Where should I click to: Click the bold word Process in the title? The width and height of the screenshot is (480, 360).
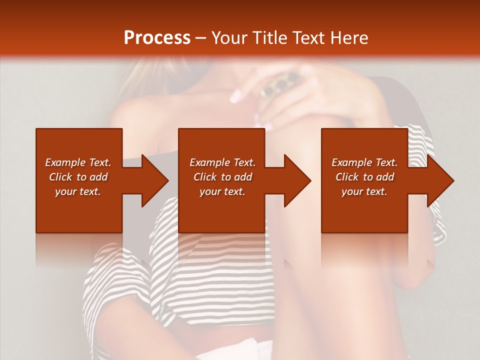click(x=157, y=37)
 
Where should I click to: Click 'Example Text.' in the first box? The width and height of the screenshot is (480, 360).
click(x=78, y=162)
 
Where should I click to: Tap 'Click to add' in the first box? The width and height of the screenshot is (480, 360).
click(x=78, y=177)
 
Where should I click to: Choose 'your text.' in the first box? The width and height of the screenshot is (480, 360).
click(x=78, y=191)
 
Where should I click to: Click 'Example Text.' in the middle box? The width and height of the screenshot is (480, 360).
click(x=222, y=162)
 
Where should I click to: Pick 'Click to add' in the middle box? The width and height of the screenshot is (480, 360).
click(x=222, y=177)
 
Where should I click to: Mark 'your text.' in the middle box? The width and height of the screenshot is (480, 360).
click(x=222, y=191)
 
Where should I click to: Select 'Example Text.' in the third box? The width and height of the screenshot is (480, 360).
click(x=364, y=162)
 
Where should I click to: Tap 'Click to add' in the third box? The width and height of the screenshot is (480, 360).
click(x=364, y=177)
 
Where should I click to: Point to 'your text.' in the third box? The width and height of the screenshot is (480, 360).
click(x=364, y=191)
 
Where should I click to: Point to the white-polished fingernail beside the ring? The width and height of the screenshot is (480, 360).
click(x=236, y=95)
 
